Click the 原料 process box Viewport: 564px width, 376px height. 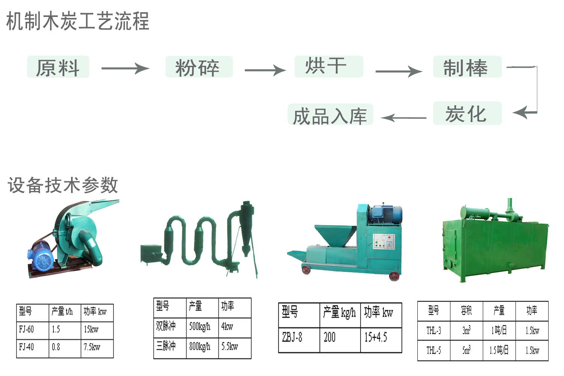point(58,67)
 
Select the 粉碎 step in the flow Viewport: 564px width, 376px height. point(199,67)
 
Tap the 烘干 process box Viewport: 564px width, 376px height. point(328,67)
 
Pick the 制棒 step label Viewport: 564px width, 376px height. point(467,67)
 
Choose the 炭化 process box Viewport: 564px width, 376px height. point(467,113)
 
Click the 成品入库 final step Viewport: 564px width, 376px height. point(330,115)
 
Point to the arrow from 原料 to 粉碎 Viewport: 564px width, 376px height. point(125,68)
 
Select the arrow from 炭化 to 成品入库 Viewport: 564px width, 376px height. point(404,118)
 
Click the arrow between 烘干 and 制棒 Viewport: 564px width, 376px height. point(399,71)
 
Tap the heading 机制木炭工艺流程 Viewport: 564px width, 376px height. point(78,21)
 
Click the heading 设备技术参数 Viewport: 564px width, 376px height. point(63,185)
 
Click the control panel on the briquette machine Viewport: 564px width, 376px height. point(384,241)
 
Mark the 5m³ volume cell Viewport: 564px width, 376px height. point(466,350)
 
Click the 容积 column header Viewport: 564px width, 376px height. point(466,311)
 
